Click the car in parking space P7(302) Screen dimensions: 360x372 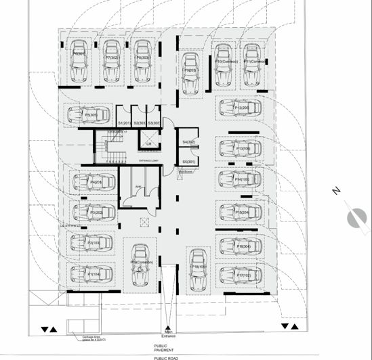112,62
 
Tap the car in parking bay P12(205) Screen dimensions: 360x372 236,108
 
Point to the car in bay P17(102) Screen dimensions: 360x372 236,275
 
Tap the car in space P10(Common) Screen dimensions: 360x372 222,63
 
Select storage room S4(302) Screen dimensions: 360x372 189,142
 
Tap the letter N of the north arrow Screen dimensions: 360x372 335,192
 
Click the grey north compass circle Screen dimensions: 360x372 354,218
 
